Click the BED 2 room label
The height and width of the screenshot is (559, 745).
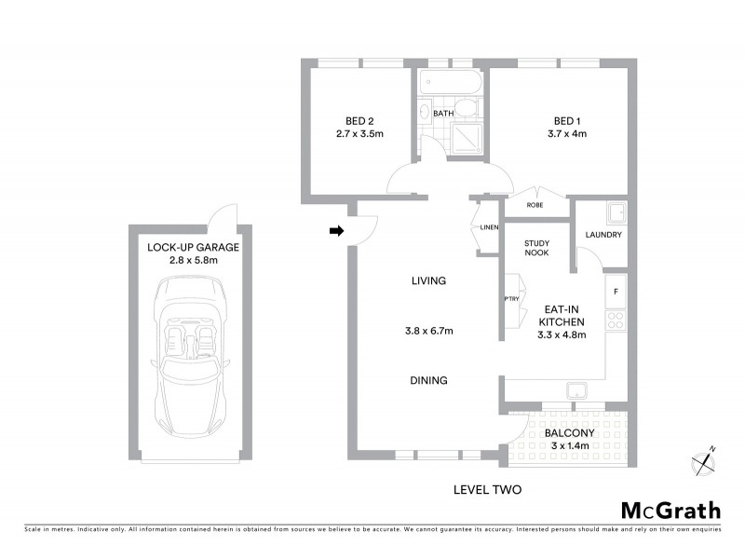(359, 120)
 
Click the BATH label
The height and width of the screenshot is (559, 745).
(442, 114)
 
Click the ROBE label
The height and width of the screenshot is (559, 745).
(535, 205)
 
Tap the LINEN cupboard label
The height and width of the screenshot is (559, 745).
(489, 228)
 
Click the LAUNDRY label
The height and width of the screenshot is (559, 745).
(603, 235)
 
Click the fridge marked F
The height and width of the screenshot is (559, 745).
(616, 291)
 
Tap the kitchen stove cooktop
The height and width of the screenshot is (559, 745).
(616, 320)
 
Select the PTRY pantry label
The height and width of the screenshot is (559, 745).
(511, 299)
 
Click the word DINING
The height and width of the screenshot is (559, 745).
(429, 380)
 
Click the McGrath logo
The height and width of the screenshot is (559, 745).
(670, 510)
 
